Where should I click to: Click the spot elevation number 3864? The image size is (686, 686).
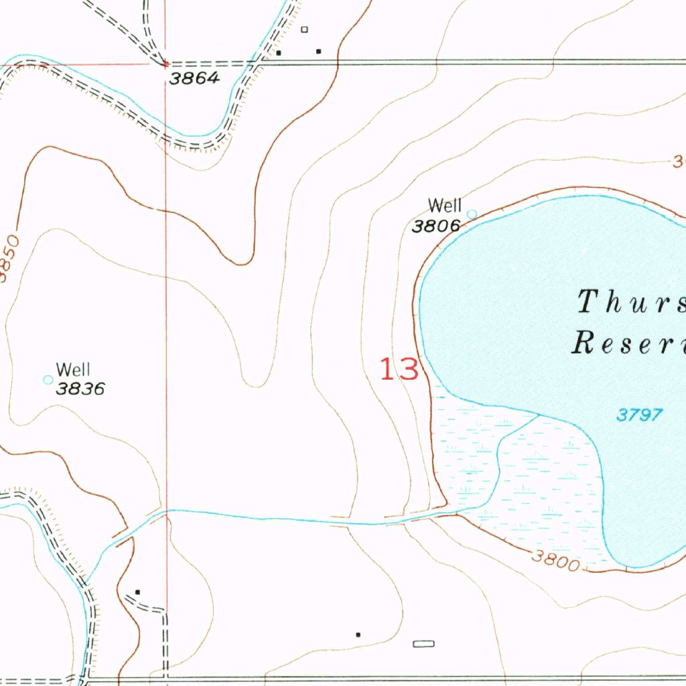194,78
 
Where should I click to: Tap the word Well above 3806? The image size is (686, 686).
445,205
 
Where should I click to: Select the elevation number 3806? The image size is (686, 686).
436,226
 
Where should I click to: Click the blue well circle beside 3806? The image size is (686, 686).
472,214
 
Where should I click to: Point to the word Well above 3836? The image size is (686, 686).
73,369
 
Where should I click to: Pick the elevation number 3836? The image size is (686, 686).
80,389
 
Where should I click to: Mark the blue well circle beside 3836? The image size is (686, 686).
48,380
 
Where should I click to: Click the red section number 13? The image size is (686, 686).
400,370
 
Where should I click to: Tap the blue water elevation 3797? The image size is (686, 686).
639,415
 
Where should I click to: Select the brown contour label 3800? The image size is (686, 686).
557,559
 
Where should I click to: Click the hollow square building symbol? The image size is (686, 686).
304,29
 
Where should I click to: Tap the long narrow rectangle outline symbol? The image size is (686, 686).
423,644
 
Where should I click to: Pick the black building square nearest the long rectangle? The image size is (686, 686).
358,634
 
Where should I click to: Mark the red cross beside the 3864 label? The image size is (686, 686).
165,64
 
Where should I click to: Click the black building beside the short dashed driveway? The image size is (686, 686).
137,592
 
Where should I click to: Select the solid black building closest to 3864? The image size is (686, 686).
279,52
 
